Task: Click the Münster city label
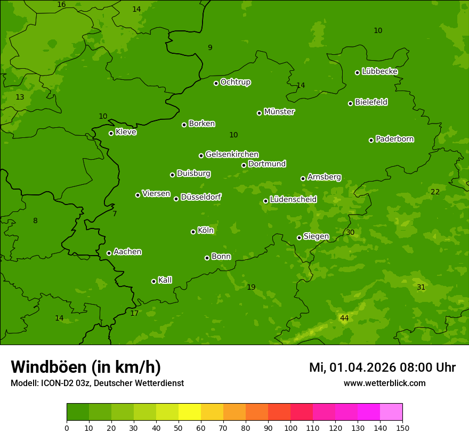(279, 112)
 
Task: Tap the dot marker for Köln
(193, 232)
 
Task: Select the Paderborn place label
(394, 139)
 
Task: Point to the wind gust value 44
(344, 318)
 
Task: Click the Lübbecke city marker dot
(357, 72)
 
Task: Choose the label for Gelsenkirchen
(232, 154)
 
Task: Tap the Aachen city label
(127, 252)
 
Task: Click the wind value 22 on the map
(435, 192)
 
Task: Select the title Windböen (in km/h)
(86, 367)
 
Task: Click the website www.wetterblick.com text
(384, 383)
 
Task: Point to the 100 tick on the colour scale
(290, 428)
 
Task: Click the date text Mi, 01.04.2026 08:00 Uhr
(382, 367)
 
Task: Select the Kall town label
(165, 280)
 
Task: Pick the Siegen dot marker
(299, 238)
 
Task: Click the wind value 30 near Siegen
(350, 232)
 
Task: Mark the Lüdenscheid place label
(293, 200)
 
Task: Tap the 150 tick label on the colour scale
(402, 428)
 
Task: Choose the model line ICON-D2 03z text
(97, 383)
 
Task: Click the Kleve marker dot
(111, 133)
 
